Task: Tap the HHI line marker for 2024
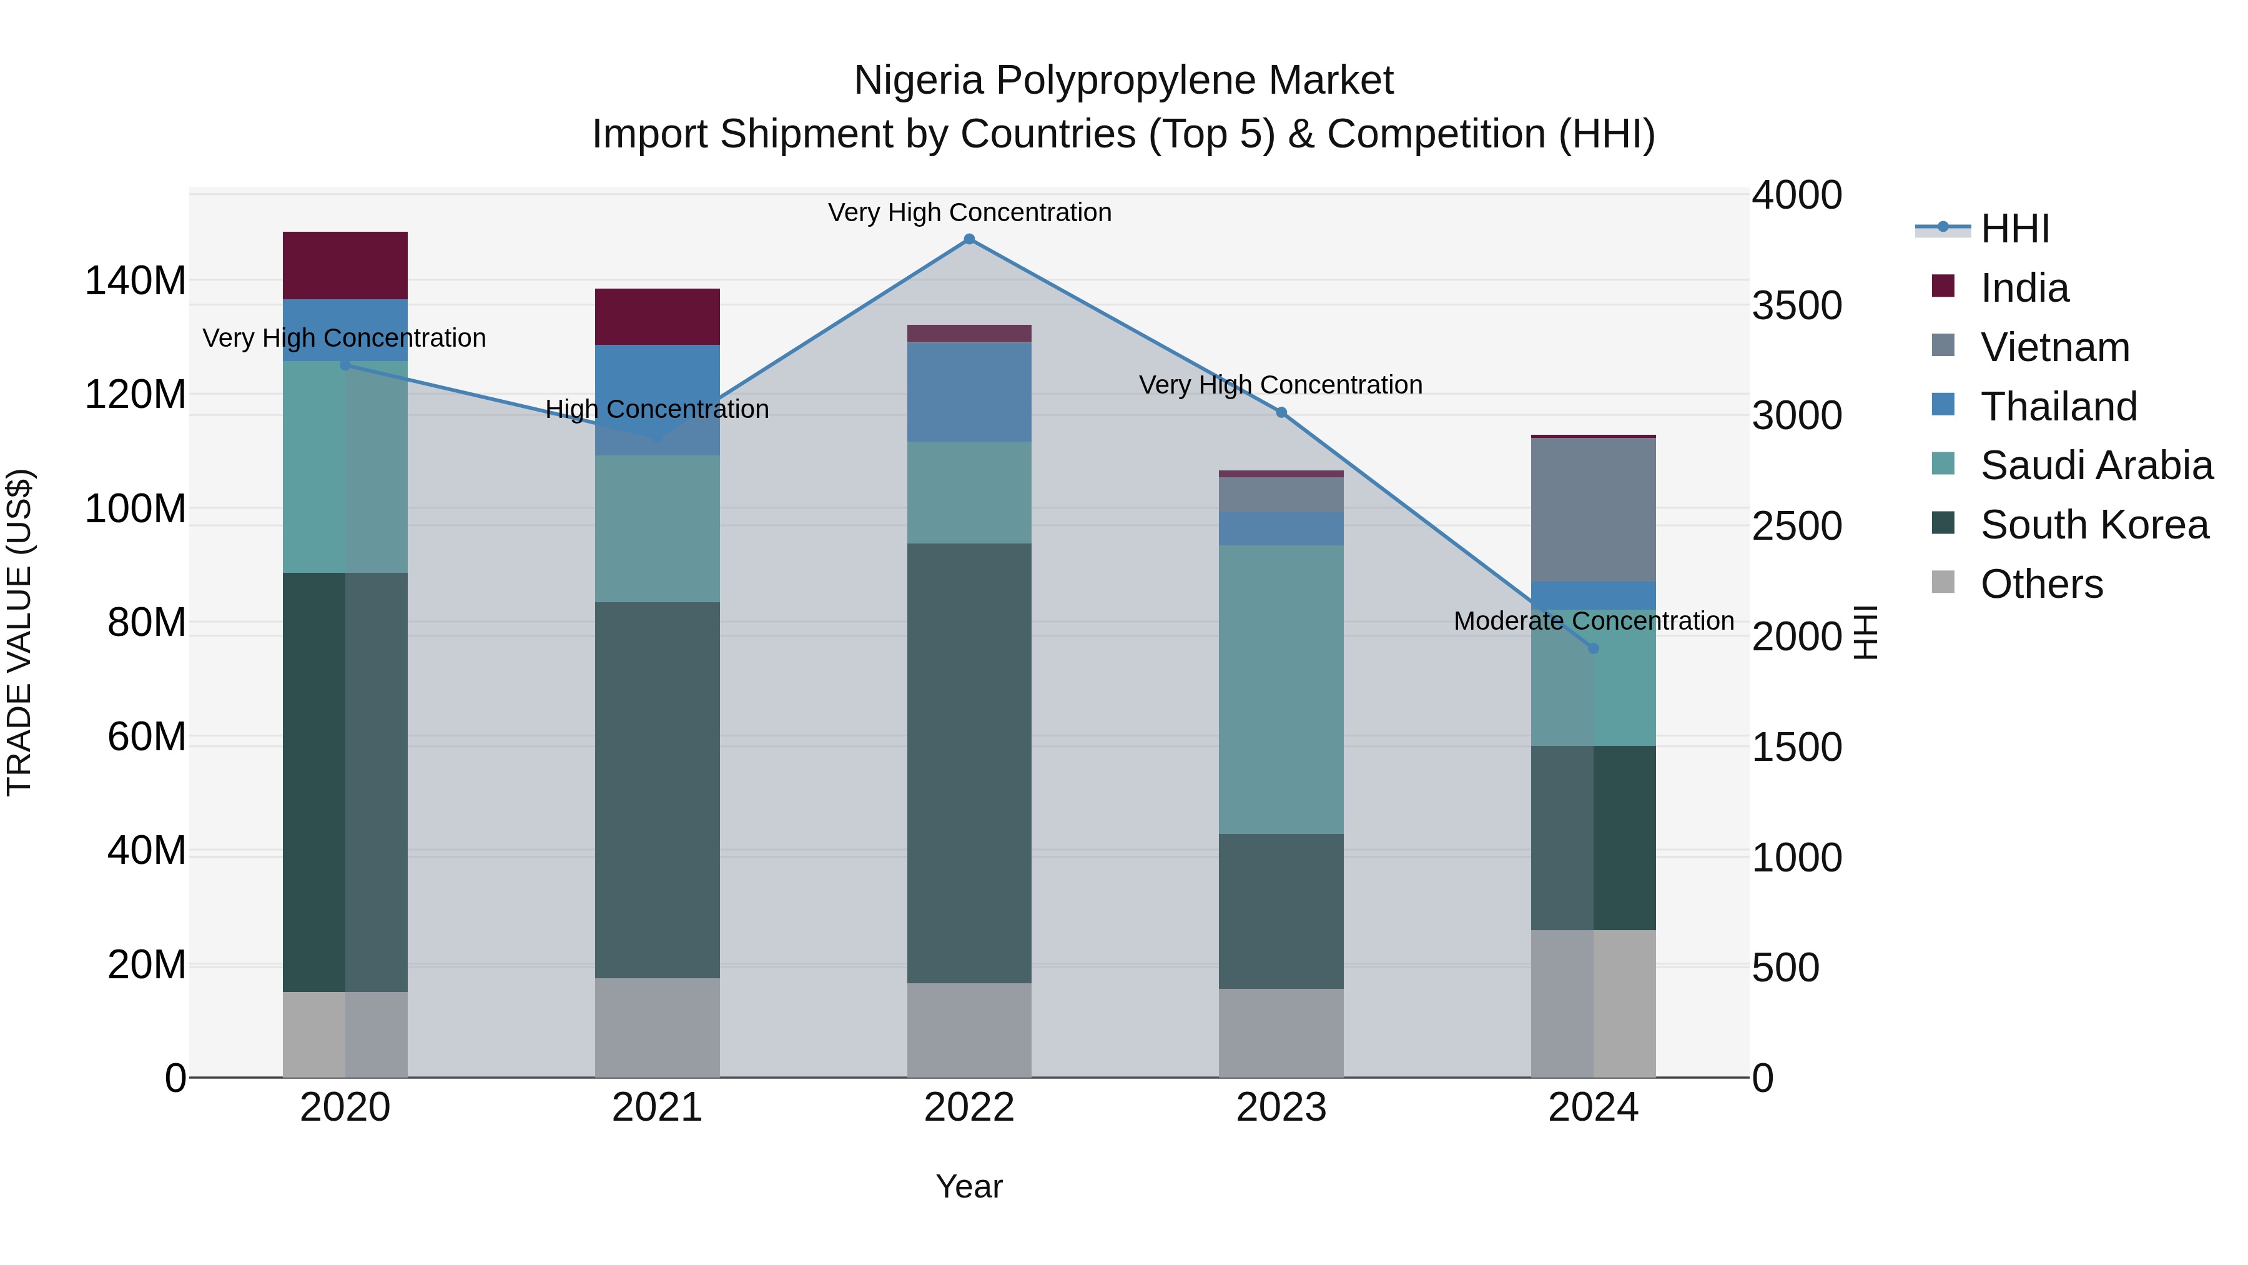1594,648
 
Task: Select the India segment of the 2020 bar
345,265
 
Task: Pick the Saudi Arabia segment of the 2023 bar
1281,690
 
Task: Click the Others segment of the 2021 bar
657,1028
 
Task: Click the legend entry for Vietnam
2054,347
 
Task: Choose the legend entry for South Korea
2094,525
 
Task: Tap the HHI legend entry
2014,229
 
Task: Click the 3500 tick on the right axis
1797,305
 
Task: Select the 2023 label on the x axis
1281,1108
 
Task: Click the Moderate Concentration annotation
1594,621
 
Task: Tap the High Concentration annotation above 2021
657,409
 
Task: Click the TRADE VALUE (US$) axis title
19,632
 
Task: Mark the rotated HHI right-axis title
1865,632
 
